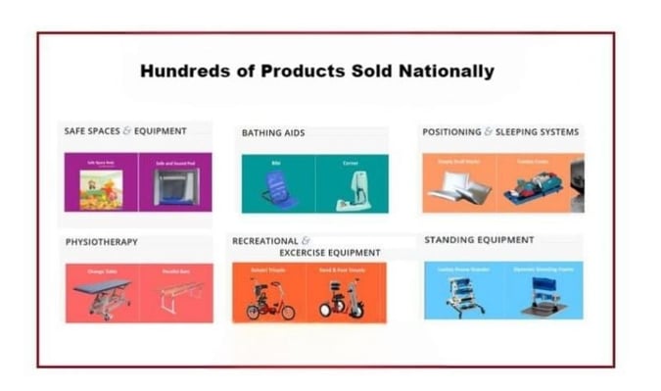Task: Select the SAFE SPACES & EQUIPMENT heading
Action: coord(124,131)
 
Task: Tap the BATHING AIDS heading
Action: coord(273,132)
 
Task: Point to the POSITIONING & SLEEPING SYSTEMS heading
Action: coord(500,131)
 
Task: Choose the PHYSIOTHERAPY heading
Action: coord(102,241)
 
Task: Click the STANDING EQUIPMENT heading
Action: coord(479,239)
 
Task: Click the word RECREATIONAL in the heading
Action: coord(264,240)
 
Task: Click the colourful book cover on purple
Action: coord(101,189)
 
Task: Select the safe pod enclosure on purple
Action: coord(175,186)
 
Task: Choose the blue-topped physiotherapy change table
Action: coord(102,295)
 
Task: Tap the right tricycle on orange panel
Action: coord(342,299)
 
